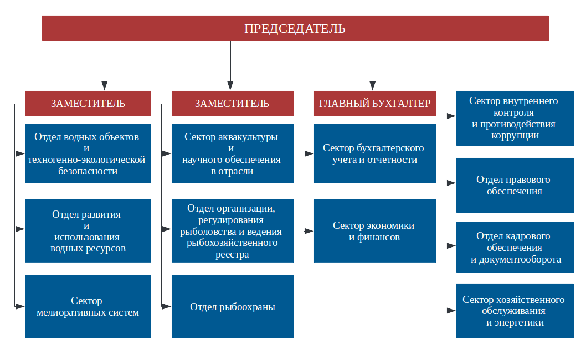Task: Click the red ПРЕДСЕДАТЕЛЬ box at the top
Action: coord(295,28)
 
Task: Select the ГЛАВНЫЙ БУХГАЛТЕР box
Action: coord(375,103)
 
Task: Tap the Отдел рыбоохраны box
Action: coord(233,306)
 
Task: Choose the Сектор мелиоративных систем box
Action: coord(88,306)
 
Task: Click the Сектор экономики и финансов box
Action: coord(375,231)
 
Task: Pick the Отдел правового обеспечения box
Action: coord(515,185)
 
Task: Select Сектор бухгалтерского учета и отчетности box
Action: coord(375,153)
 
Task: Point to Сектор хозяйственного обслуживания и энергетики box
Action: coord(515,311)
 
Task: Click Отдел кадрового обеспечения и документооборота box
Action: coord(515,248)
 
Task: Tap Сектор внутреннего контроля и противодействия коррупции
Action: coord(515,118)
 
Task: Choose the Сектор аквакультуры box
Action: coord(233,153)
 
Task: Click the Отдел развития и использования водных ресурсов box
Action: coord(88,231)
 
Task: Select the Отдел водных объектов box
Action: coord(88,153)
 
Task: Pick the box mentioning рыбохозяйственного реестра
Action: coord(233,231)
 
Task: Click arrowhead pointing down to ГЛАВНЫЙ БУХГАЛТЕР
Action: coord(373,86)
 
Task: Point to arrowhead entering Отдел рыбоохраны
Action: coord(167,306)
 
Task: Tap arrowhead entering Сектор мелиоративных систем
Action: coord(20,306)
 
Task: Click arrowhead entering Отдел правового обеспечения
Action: coord(451,183)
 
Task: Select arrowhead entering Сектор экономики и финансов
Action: coord(309,231)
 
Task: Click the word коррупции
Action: coord(515,135)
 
